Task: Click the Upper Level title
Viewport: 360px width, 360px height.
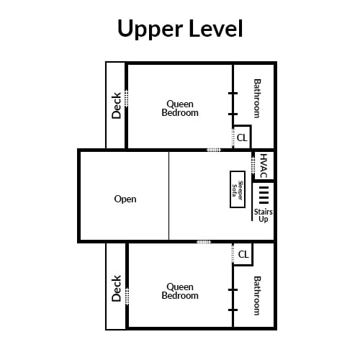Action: click(180, 29)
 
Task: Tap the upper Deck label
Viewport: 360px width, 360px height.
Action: click(117, 106)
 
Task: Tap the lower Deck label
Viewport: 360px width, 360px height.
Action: click(117, 288)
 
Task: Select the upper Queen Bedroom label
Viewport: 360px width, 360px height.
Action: click(180, 108)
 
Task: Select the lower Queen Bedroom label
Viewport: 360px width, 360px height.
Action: click(180, 291)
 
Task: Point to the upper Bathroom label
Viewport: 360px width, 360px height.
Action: click(257, 99)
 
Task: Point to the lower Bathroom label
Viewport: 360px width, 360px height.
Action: click(257, 296)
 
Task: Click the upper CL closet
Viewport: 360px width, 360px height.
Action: click(242, 138)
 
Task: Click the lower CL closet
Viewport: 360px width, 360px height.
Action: click(243, 254)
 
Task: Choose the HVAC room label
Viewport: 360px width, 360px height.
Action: click(264, 166)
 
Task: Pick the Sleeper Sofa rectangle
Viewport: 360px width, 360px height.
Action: click(238, 189)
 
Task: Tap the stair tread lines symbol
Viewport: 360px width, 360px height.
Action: click(264, 195)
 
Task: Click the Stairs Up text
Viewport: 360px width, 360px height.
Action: click(264, 215)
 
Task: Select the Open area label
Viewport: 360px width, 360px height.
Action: click(125, 199)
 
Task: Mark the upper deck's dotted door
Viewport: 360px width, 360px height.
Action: click(127, 99)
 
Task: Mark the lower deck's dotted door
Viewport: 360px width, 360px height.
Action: click(127, 297)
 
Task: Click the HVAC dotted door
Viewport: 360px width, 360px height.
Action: click(253, 166)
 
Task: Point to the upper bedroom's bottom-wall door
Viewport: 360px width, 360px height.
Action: click(214, 150)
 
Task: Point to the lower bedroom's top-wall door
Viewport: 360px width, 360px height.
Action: click(204, 242)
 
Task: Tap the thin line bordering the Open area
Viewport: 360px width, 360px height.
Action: click(168, 196)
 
